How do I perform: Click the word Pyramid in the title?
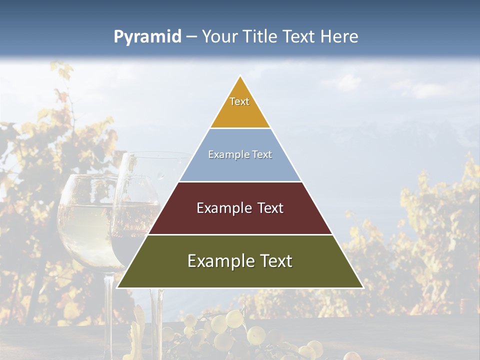[x=147, y=37]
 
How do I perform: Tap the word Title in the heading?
[x=258, y=36]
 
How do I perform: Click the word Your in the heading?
[x=219, y=36]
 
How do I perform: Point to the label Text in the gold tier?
[x=239, y=101]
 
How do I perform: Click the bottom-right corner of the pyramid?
[x=363, y=287]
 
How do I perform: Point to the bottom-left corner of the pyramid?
[x=117, y=287]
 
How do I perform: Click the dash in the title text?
[x=191, y=37]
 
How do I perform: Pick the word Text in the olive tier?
[x=274, y=261]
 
